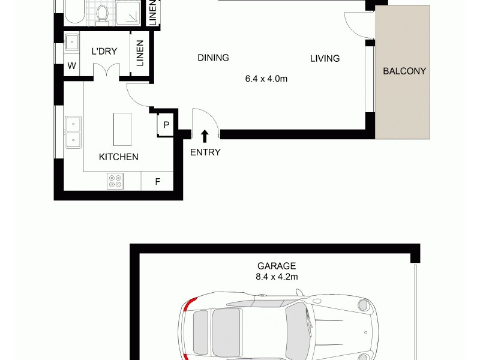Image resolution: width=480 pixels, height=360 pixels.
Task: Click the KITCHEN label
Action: [x=119, y=157]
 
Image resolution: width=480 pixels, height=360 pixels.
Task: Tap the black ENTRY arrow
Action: [x=205, y=136]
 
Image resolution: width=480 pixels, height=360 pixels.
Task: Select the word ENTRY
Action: [x=205, y=152]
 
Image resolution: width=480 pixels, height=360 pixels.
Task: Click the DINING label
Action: [x=213, y=58]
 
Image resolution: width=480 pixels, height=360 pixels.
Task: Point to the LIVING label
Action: [x=325, y=59]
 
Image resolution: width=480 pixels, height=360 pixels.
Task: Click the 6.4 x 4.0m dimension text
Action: [x=266, y=78]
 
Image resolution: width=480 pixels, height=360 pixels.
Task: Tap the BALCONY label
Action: [x=404, y=71]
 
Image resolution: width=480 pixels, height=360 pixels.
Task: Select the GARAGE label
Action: [x=277, y=266]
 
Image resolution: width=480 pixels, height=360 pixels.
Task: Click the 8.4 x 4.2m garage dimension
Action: [x=277, y=277]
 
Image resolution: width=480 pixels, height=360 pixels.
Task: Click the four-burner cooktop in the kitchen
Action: [x=115, y=181]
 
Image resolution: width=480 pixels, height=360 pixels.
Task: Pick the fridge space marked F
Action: [x=157, y=181]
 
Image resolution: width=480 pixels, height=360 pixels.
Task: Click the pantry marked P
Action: [x=166, y=125]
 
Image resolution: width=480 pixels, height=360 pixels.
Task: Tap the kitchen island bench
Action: [x=122, y=128]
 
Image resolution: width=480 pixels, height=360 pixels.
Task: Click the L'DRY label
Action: [x=104, y=52]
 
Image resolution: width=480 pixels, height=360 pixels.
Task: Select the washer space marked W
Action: [x=71, y=66]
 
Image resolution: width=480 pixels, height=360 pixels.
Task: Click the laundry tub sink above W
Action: [x=72, y=43]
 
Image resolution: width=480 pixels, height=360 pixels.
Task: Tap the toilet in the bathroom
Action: [x=103, y=12]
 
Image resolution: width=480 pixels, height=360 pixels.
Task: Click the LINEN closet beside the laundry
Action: [x=140, y=53]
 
